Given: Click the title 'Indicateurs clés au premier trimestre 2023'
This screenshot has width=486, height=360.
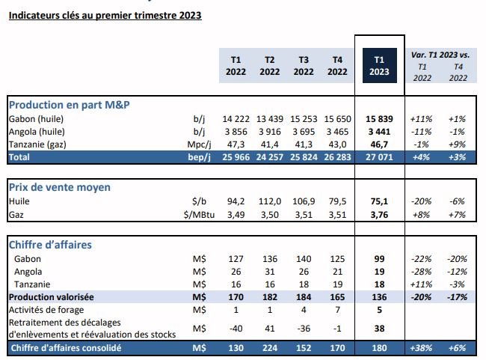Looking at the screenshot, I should (105, 15).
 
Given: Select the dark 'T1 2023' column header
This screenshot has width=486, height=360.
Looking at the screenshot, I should (378, 65).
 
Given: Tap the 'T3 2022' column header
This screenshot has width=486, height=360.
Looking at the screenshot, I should (304, 65).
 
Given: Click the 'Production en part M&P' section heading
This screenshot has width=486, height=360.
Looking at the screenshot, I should (70, 105).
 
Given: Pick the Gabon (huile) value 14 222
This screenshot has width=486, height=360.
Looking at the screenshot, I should (236, 119).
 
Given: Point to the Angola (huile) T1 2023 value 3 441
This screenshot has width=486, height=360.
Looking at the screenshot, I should (378, 131).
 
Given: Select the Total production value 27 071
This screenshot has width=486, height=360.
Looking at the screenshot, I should (378, 157).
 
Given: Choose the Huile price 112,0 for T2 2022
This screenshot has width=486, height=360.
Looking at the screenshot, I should (270, 201).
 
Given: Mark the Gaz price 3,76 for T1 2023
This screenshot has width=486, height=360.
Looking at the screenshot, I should (378, 214).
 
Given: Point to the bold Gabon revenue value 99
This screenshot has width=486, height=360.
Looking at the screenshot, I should (378, 258).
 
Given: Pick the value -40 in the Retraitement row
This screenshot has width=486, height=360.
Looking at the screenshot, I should (236, 329).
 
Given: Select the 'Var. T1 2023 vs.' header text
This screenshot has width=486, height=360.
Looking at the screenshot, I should (440, 55).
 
